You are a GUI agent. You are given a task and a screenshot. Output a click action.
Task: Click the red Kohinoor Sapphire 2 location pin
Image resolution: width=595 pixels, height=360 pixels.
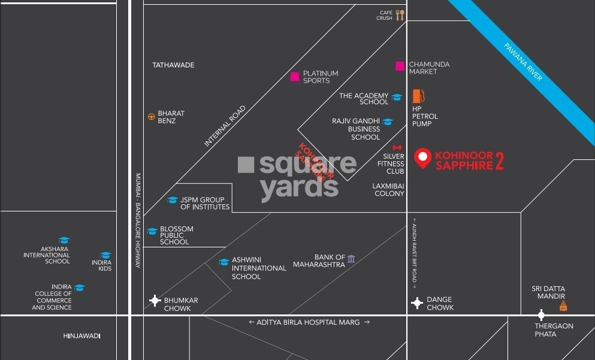(423, 158)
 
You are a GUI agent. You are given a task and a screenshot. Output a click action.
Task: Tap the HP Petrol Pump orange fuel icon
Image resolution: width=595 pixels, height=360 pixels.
(418, 96)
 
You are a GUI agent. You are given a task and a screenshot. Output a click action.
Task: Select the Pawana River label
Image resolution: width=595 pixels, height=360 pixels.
(523, 62)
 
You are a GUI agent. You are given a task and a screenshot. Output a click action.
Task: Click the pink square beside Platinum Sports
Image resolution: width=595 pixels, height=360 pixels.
(295, 76)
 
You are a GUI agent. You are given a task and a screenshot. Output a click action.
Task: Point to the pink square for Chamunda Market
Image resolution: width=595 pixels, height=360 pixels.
(400, 66)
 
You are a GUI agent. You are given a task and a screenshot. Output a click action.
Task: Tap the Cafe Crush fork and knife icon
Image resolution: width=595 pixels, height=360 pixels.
(400, 15)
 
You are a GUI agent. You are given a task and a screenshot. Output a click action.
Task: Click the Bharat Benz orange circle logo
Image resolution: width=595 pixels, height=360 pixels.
(152, 116)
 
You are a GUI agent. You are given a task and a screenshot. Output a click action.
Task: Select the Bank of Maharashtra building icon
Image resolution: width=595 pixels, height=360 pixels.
(351, 258)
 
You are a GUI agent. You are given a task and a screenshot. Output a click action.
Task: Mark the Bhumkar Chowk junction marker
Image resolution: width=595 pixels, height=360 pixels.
(155, 301)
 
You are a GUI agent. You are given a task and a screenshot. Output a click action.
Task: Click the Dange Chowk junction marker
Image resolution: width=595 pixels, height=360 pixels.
(417, 303)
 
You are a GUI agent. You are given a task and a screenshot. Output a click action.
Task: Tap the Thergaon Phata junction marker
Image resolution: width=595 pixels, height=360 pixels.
(541, 315)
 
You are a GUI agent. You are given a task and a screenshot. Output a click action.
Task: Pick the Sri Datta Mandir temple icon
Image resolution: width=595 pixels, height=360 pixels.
(563, 306)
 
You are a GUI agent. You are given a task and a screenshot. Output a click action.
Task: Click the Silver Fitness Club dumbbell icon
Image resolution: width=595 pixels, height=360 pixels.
(396, 147)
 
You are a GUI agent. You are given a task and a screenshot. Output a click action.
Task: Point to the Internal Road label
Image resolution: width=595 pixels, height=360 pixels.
(225, 126)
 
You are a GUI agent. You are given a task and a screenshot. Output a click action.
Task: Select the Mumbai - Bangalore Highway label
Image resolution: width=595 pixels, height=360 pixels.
(138, 220)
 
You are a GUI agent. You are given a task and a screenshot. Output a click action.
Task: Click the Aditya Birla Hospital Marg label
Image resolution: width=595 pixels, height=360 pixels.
(309, 322)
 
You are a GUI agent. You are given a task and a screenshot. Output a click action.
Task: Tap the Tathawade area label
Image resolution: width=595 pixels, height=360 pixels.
(173, 65)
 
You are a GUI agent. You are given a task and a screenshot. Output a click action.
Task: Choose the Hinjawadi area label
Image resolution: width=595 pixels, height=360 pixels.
(81, 336)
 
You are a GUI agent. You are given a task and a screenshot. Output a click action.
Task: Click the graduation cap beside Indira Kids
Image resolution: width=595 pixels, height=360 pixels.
(105, 255)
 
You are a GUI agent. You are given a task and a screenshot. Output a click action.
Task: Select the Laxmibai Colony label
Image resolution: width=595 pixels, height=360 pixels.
(389, 189)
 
